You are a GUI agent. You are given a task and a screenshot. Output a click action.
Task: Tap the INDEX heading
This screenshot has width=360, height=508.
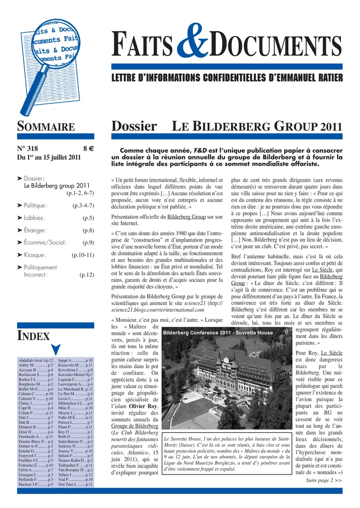pyautogui.click(x=33, y=335)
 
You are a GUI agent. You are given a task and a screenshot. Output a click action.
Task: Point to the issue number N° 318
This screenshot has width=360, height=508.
pyautogui.click(x=27, y=149)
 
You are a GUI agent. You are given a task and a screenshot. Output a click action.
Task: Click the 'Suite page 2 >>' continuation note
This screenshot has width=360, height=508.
pyautogui.click(x=324, y=480)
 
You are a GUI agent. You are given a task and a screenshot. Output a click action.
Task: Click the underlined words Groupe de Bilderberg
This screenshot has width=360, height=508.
pyautogui.click(x=135, y=425)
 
